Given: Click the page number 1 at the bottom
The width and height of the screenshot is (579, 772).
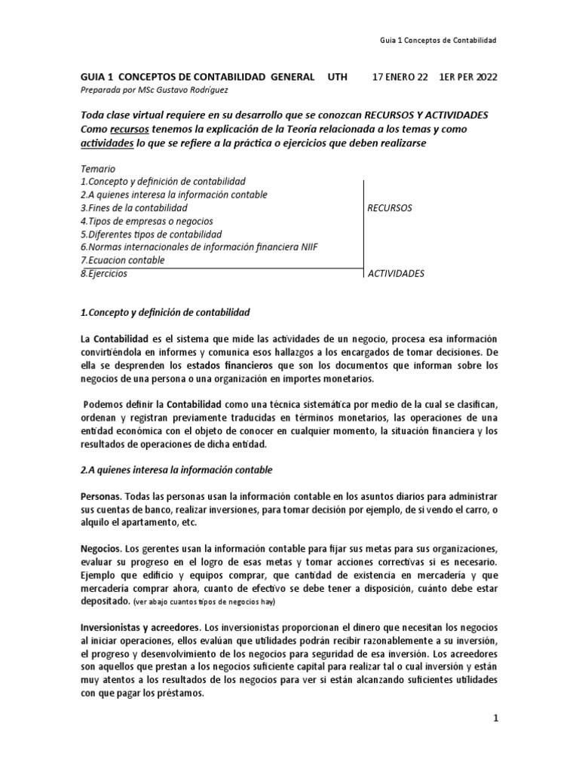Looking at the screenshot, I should tap(496, 719).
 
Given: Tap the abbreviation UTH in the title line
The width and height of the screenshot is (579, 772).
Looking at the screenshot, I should tap(340, 78).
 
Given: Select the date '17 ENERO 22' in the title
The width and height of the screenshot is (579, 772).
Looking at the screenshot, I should tap(402, 78).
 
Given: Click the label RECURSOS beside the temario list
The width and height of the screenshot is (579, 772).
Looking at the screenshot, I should tap(390, 208).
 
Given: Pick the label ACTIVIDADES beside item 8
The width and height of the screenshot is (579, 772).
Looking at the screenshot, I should tap(396, 274).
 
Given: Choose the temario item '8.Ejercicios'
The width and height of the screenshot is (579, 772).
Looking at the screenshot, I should tap(103, 274).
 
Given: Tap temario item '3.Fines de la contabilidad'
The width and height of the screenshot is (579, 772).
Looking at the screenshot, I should tap(133, 208).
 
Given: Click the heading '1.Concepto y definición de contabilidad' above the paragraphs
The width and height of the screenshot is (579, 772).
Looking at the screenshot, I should tap(164, 311).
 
